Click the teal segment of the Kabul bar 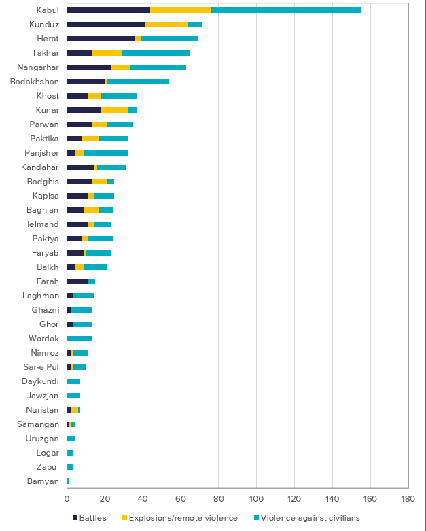(x=285, y=10)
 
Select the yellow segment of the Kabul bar (x=181, y=10)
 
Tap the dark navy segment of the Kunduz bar (x=105, y=24)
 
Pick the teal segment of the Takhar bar (x=156, y=53)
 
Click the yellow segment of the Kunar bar (x=114, y=110)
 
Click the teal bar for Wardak (x=79, y=338)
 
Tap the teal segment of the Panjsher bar (x=106, y=153)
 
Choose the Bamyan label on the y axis (x=45, y=481)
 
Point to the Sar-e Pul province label (x=43, y=366)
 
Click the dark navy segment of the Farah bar (x=77, y=281)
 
